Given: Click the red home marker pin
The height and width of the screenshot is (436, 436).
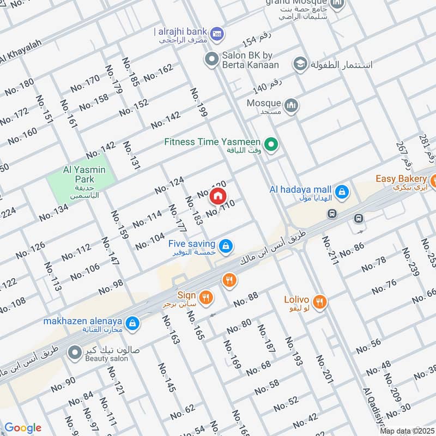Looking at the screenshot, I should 217,196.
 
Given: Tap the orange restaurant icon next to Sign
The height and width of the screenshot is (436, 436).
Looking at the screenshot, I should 206,297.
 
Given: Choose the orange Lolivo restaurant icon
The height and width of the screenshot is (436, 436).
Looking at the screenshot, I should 320,301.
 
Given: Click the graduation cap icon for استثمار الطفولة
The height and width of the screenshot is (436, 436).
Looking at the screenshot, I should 299,65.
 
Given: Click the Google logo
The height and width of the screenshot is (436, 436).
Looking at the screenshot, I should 23,428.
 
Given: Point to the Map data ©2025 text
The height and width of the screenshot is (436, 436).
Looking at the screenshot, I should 406,431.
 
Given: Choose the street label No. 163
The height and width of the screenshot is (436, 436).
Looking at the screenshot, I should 170,330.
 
